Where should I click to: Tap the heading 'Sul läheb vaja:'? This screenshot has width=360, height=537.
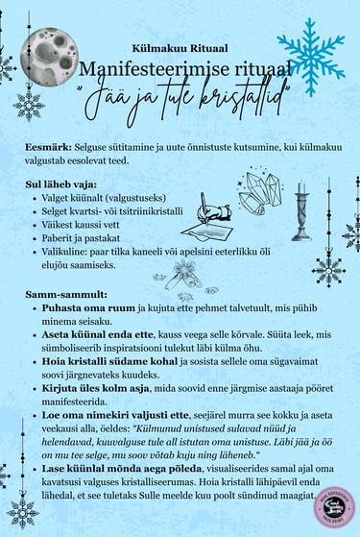pyautogui.click(x=64, y=181)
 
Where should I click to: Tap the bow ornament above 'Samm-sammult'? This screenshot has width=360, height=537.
pyautogui.click(x=183, y=279)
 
